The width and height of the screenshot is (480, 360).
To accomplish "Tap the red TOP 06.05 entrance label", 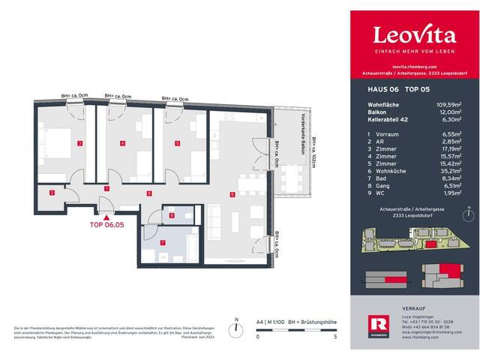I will [106, 223].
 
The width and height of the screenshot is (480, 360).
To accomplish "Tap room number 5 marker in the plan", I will [177, 142].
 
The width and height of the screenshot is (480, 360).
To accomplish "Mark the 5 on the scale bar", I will [335, 337].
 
